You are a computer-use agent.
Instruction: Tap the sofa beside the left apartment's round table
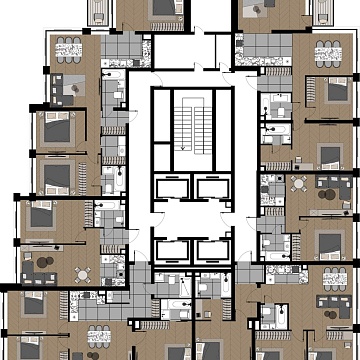(x=46, y=267)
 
